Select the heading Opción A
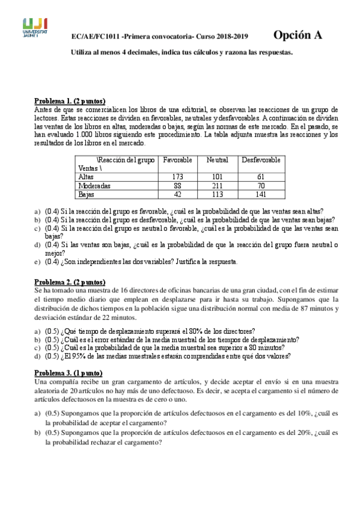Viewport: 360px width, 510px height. click(298, 35)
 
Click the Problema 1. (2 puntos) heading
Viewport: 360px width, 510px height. click(70, 101)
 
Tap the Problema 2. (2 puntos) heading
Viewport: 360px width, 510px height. click(70, 282)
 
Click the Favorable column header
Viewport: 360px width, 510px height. click(178, 159)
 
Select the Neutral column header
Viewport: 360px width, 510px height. click(217, 159)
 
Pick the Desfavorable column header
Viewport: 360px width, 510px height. click(261, 159)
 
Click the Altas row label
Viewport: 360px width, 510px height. click(86, 177)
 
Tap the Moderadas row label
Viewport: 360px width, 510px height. click(94, 186)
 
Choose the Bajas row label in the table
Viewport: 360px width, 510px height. click(87, 194)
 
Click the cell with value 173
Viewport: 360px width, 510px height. click(177, 177)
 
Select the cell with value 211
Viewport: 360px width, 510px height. click(217, 186)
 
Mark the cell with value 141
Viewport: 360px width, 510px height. click(261, 194)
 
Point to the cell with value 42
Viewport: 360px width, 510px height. click(177, 194)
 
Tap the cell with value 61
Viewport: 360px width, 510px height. click(261, 177)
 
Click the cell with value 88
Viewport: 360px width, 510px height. click(177, 186)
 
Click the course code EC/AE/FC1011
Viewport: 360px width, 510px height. click(94, 37)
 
